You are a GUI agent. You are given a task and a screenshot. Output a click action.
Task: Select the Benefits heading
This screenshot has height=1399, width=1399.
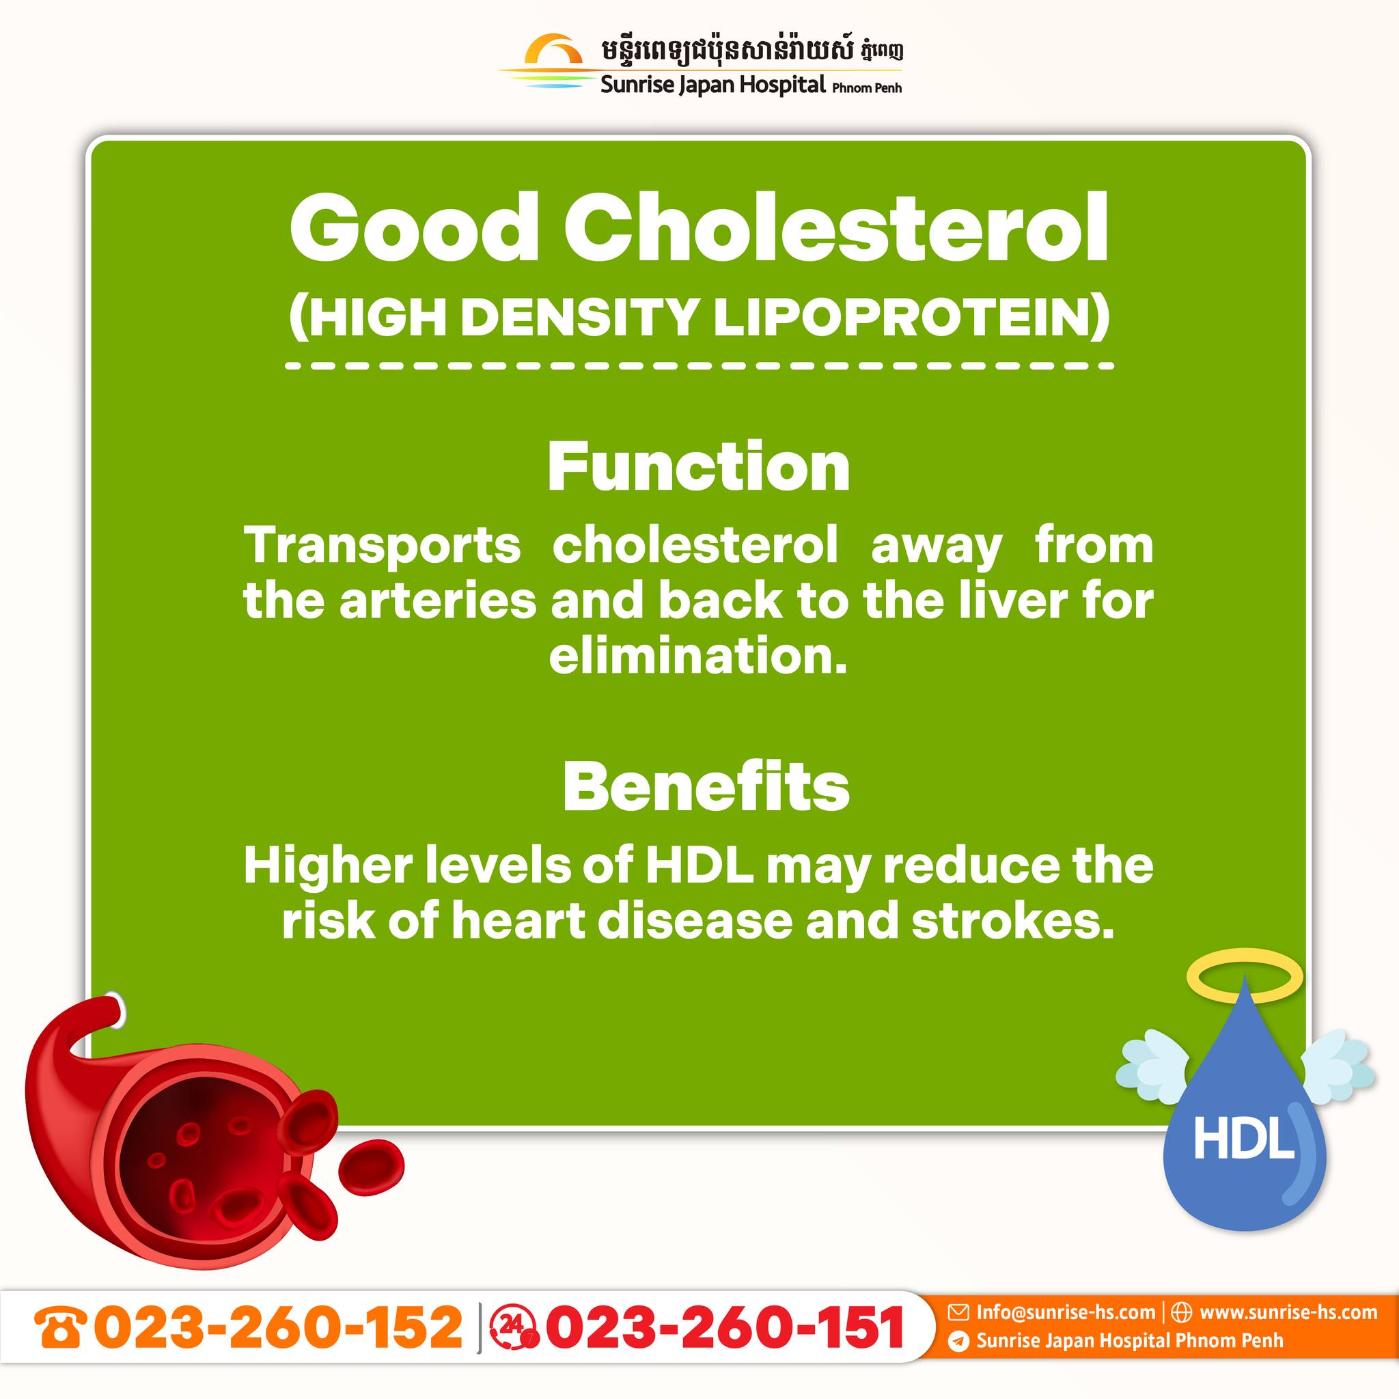coord(706,787)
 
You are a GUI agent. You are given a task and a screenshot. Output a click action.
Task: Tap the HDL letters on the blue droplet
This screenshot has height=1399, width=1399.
coord(1243,1138)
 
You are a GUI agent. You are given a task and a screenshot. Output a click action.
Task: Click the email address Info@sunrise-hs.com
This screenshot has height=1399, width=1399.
coord(1066,1312)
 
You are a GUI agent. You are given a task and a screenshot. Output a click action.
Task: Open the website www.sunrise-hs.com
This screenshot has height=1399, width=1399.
coord(1288,1312)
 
